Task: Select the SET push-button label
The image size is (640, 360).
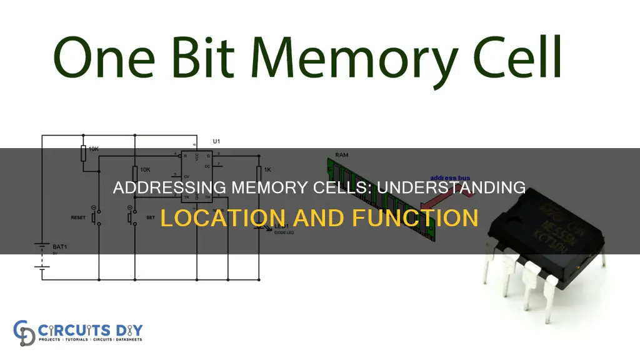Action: point(150,218)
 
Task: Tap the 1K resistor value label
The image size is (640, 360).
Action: point(267,170)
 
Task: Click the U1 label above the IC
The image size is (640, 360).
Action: point(216,142)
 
